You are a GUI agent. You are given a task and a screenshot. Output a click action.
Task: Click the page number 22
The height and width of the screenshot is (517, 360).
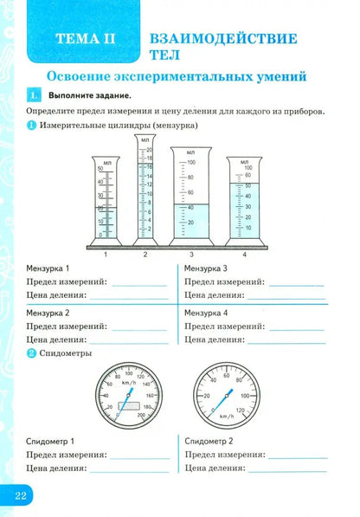[x=20, y=495]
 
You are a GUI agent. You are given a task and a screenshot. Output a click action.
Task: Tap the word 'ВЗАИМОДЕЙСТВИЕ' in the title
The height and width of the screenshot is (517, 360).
[x=223, y=38]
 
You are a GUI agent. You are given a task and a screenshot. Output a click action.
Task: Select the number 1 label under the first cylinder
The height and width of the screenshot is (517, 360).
[x=106, y=255]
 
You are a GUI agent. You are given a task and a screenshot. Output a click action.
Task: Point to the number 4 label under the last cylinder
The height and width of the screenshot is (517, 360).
[x=245, y=255]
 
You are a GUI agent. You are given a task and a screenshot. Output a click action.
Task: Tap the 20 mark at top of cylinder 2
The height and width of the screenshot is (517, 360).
[x=149, y=150]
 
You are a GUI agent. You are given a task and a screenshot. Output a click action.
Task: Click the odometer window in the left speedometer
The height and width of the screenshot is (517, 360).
[x=131, y=404]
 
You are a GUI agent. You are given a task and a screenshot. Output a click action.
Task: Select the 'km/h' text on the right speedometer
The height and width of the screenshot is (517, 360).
[x=226, y=416]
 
